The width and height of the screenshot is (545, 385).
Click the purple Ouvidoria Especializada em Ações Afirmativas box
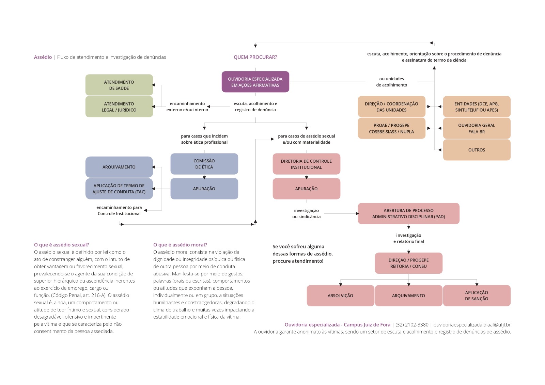[255, 82]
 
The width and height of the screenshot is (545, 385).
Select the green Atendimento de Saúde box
[119, 85]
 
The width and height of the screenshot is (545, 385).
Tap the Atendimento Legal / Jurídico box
[119, 107]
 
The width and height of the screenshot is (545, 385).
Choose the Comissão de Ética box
[204, 164]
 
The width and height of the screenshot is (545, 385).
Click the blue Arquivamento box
[119, 167]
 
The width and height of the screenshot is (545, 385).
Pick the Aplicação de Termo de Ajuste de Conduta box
[119, 189]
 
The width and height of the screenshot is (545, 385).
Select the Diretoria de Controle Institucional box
[306, 164]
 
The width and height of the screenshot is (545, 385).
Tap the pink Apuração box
[306, 189]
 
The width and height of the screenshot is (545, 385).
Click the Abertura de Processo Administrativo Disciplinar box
[408, 213]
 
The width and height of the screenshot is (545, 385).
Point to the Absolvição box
[340, 295]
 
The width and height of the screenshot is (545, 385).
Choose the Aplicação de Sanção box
[477, 295]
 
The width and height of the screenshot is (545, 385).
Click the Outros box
[477, 150]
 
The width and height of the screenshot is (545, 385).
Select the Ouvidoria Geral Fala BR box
[477, 128]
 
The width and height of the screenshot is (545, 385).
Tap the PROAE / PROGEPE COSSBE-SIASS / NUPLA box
[391, 128]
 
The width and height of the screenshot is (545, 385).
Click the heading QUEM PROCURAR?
[255, 57]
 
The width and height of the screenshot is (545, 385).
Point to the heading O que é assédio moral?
[180, 245]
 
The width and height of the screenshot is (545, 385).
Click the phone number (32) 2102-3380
[412, 325]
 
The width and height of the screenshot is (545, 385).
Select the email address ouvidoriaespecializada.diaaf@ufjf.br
[472, 325]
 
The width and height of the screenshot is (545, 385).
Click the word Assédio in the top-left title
[43, 57]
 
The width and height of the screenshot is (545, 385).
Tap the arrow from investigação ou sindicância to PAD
[341, 213]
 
